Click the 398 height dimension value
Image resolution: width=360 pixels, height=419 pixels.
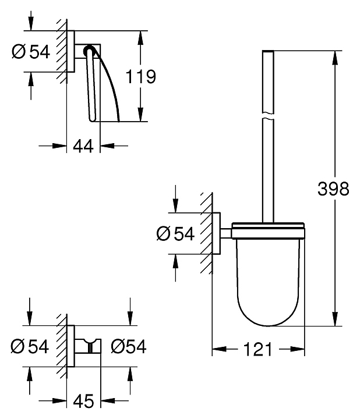pos(333,189)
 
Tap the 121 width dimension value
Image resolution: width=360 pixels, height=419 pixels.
pos(258,349)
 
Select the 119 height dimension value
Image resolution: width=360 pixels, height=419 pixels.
pos(142,76)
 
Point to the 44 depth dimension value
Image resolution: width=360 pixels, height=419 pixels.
pos(84,146)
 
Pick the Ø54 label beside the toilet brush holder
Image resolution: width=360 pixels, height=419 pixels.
pos(175,234)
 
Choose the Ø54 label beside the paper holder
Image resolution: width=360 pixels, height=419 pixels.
pos(31,52)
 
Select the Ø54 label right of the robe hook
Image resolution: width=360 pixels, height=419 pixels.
pos(128,347)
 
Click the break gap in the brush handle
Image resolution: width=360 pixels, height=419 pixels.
pos(268,116)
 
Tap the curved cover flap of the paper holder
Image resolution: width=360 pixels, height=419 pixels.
pos(108,81)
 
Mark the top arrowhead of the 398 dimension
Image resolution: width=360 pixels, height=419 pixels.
pos(334,58)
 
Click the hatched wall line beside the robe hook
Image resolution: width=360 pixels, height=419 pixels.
pos(61,347)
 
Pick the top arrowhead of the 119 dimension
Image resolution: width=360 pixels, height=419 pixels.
pos(139,37)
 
